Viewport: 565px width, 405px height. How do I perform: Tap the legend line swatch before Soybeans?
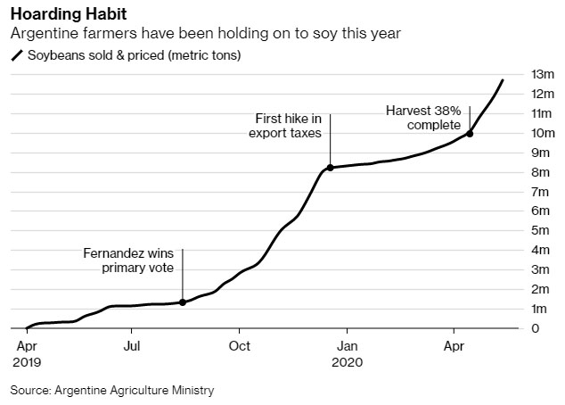tap(16, 55)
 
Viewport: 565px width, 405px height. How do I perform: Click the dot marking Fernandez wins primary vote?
tap(183, 302)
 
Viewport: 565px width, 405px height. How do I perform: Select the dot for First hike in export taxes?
tap(331, 168)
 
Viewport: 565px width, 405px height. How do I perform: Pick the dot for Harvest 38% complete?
tap(470, 134)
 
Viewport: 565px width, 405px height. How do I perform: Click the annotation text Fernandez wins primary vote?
tap(133, 260)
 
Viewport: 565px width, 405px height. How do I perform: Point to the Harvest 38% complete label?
tap(423, 117)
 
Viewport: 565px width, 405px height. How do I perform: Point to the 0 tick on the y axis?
tap(536, 328)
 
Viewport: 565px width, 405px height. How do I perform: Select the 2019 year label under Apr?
tap(27, 363)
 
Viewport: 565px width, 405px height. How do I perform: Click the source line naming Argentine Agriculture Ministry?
tap(113, 390)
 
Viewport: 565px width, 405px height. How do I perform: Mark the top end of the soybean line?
tap(503, 80)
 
